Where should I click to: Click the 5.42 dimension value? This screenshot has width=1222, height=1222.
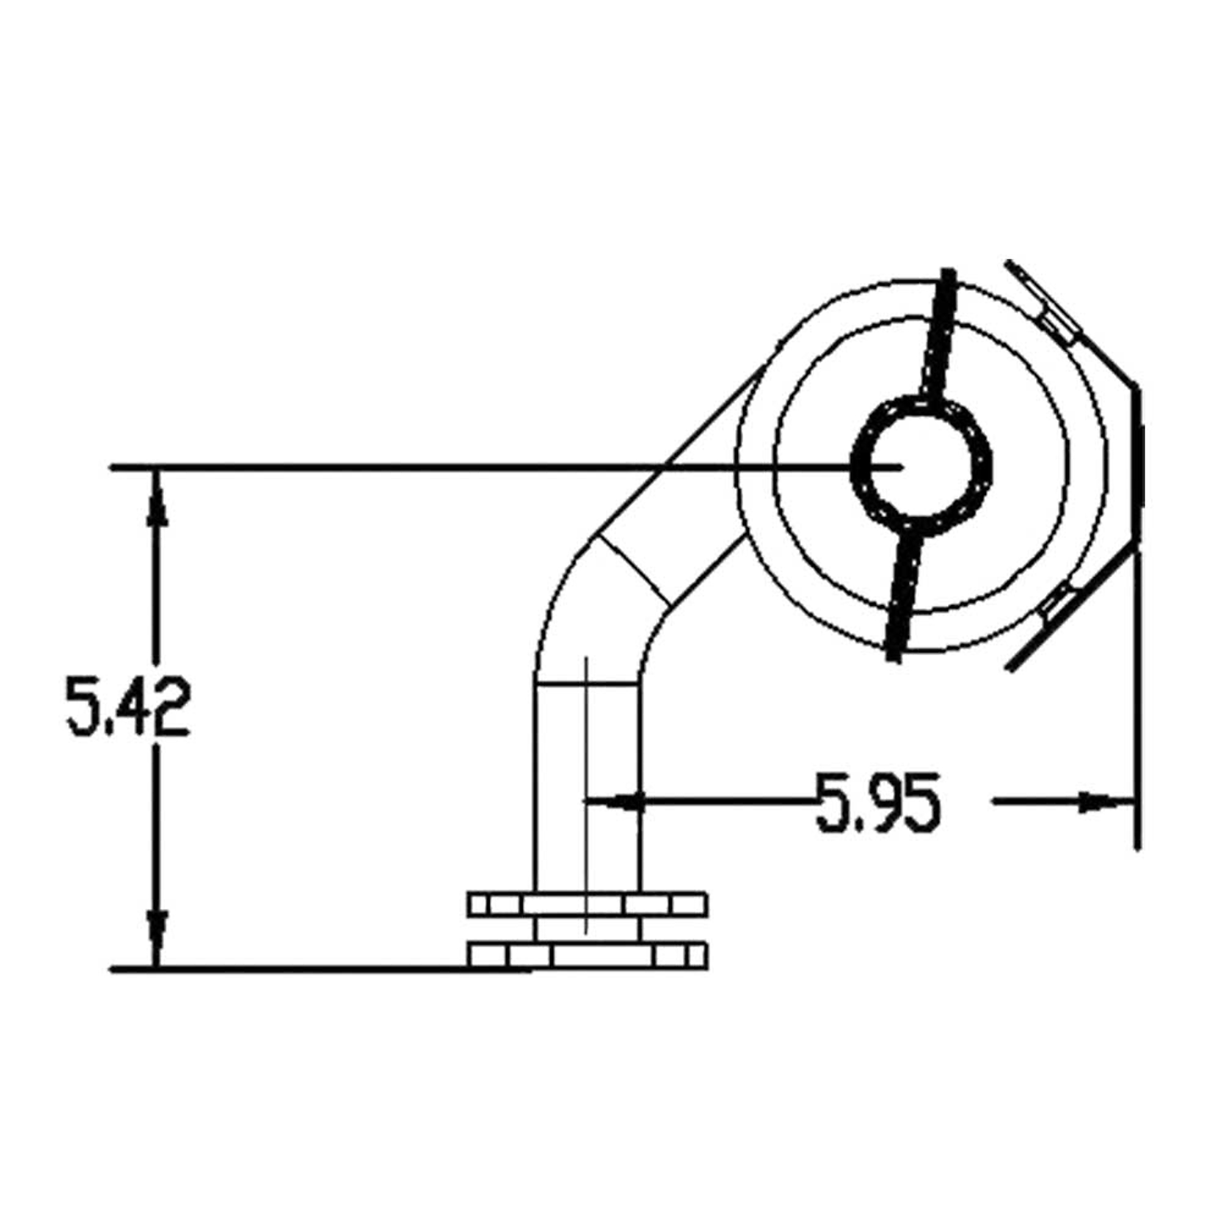pos(128,706)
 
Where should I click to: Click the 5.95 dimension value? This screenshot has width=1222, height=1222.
pos(879,802)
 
